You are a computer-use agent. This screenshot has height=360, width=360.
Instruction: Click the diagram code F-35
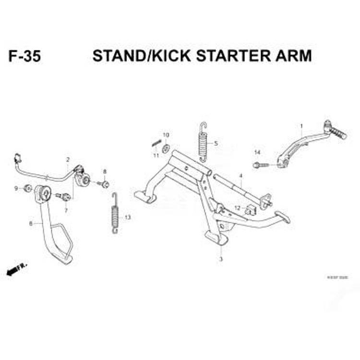click(x=24, y=56)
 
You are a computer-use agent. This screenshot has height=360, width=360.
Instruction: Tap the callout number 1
click(x=301, y=127)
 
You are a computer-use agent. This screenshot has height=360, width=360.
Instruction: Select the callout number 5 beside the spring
click(x=216, y=143)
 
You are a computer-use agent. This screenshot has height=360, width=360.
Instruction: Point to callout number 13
click(x=128, y=217)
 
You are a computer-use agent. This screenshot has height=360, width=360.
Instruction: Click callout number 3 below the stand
click(x=221, y=259)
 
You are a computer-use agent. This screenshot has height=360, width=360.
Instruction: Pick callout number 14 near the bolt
click(x=257, y=153)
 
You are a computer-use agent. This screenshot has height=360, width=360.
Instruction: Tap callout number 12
click(x=237, y=208)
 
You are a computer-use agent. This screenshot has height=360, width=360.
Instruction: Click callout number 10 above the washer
click(x=166, y=135)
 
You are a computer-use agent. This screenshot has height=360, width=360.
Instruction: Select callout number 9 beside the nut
click(x=16, y=188)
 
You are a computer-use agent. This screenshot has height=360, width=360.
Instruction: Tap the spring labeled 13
click(x=115, y=213)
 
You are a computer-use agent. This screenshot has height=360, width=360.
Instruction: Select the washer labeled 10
click(x=166, y=147)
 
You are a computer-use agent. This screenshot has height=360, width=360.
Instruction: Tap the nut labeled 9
click(x=28, y=188)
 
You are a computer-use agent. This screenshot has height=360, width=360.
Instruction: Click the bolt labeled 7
click(x=64, y=196)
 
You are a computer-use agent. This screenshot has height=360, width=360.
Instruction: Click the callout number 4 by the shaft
click(x=240, y=176)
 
